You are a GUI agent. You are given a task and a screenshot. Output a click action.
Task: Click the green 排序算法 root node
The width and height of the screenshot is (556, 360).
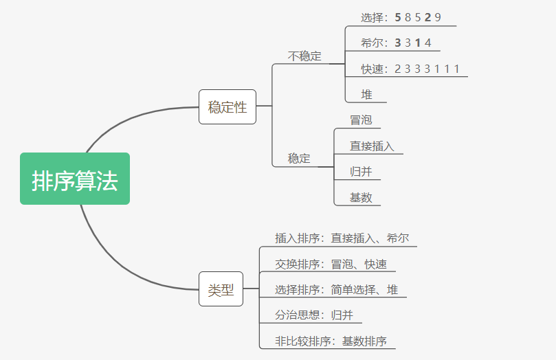(x=75, y=179)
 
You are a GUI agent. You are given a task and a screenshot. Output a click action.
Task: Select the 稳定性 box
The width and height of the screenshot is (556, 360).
(x=227, y=107)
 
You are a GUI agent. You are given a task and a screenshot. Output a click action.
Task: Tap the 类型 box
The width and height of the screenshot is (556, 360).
(x=221, y=290)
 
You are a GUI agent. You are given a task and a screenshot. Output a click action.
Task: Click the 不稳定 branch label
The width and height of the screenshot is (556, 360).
(x=304, y=56)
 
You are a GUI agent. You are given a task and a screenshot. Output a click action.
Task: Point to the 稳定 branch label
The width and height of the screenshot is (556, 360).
(x=299, y=158)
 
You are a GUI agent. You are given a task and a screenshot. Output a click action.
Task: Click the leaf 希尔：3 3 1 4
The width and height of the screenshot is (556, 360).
(x=396, y=43)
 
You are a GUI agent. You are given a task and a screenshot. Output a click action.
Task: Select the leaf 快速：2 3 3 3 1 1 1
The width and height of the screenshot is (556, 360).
(x=410, y=69)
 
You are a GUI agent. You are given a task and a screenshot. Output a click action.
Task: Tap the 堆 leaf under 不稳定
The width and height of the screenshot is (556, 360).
(x=367, y=94)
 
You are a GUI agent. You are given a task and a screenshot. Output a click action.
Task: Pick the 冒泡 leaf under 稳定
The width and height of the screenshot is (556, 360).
(x=361, y=120)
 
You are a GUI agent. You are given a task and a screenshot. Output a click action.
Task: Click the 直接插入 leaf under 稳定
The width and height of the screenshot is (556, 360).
(x=372, y=146)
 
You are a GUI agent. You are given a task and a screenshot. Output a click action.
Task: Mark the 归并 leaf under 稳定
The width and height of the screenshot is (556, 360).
(x=361, y=172)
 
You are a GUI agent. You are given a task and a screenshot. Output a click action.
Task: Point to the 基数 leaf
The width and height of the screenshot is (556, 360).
(x=361, y=197)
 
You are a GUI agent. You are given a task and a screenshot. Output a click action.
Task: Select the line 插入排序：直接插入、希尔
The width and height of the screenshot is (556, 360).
(x=342, y=238)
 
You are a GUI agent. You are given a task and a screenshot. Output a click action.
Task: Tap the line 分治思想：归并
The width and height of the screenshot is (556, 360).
(x=313, y=315)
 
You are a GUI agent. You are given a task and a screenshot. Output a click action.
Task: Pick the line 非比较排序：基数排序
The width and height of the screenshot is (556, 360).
(x=331, y=341)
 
